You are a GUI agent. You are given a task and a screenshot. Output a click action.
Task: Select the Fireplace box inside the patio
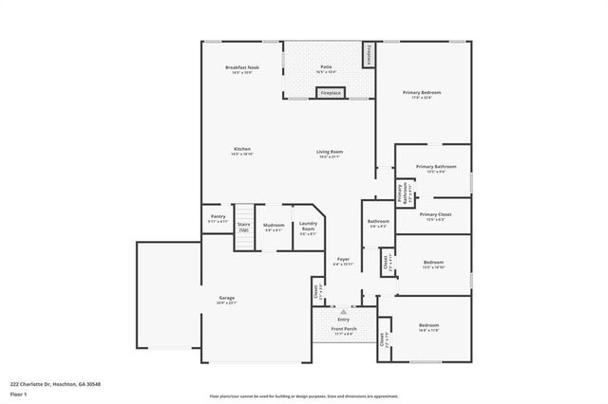pyautogui.click(x=330, y=93)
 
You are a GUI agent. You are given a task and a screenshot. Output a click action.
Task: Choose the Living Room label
pyautogui.click(x=330, y=154)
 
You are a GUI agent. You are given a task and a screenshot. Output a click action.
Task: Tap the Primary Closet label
pyautogui.click(x=434, y=216)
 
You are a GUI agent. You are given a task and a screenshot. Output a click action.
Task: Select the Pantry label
pyautogui.click(x=218, y=218)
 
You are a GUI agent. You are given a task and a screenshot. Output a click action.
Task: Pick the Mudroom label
pyautogui.click(x=274, y=228)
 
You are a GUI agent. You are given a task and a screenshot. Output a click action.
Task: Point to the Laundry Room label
pyautogui.click(x=308, y=228)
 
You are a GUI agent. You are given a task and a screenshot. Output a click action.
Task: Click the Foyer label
pyautogui.click(x=343, y=261)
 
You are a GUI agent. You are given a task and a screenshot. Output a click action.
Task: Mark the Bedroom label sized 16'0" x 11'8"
pyautogui.click(x=428, y=327)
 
